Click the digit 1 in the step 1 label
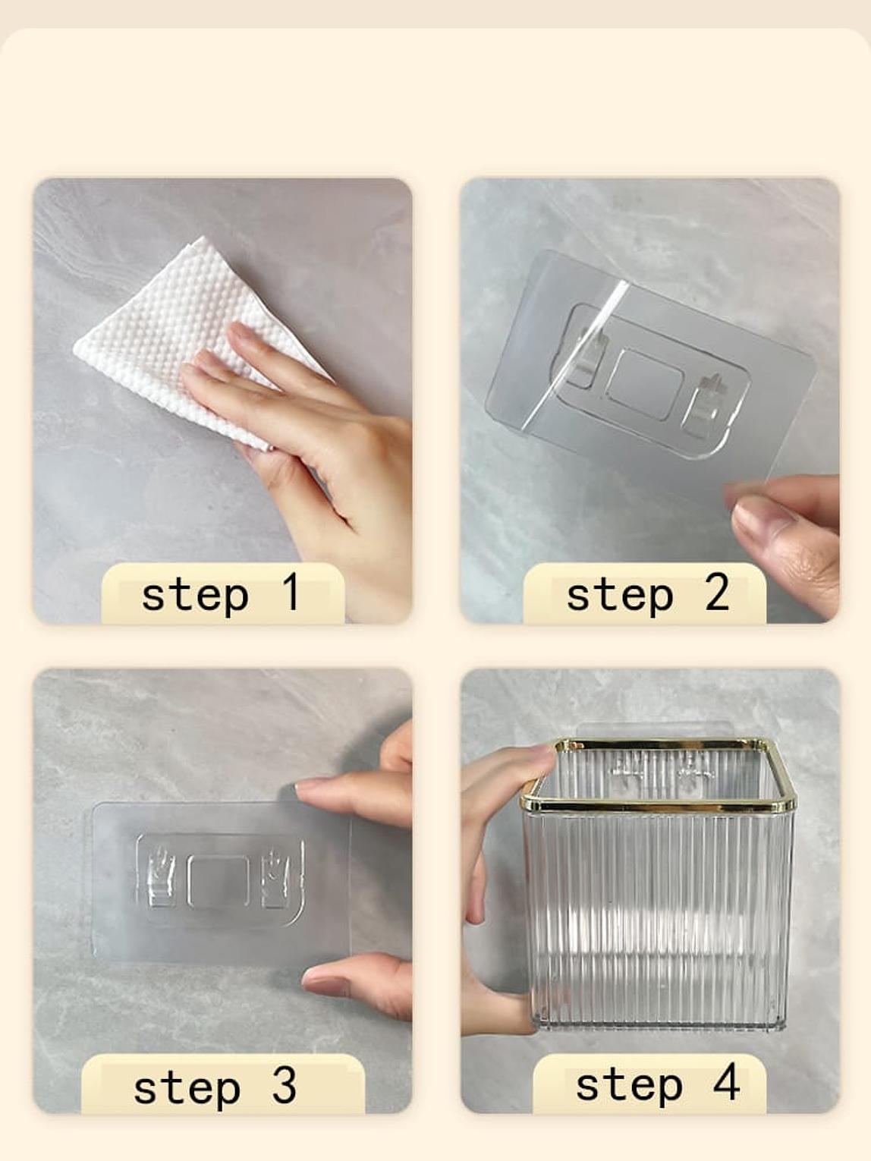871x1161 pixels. tap(291, 592)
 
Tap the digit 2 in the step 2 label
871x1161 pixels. tap(717, 592)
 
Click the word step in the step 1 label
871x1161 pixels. tap(195, 596)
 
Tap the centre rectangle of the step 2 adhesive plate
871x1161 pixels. tap(645, 383)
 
